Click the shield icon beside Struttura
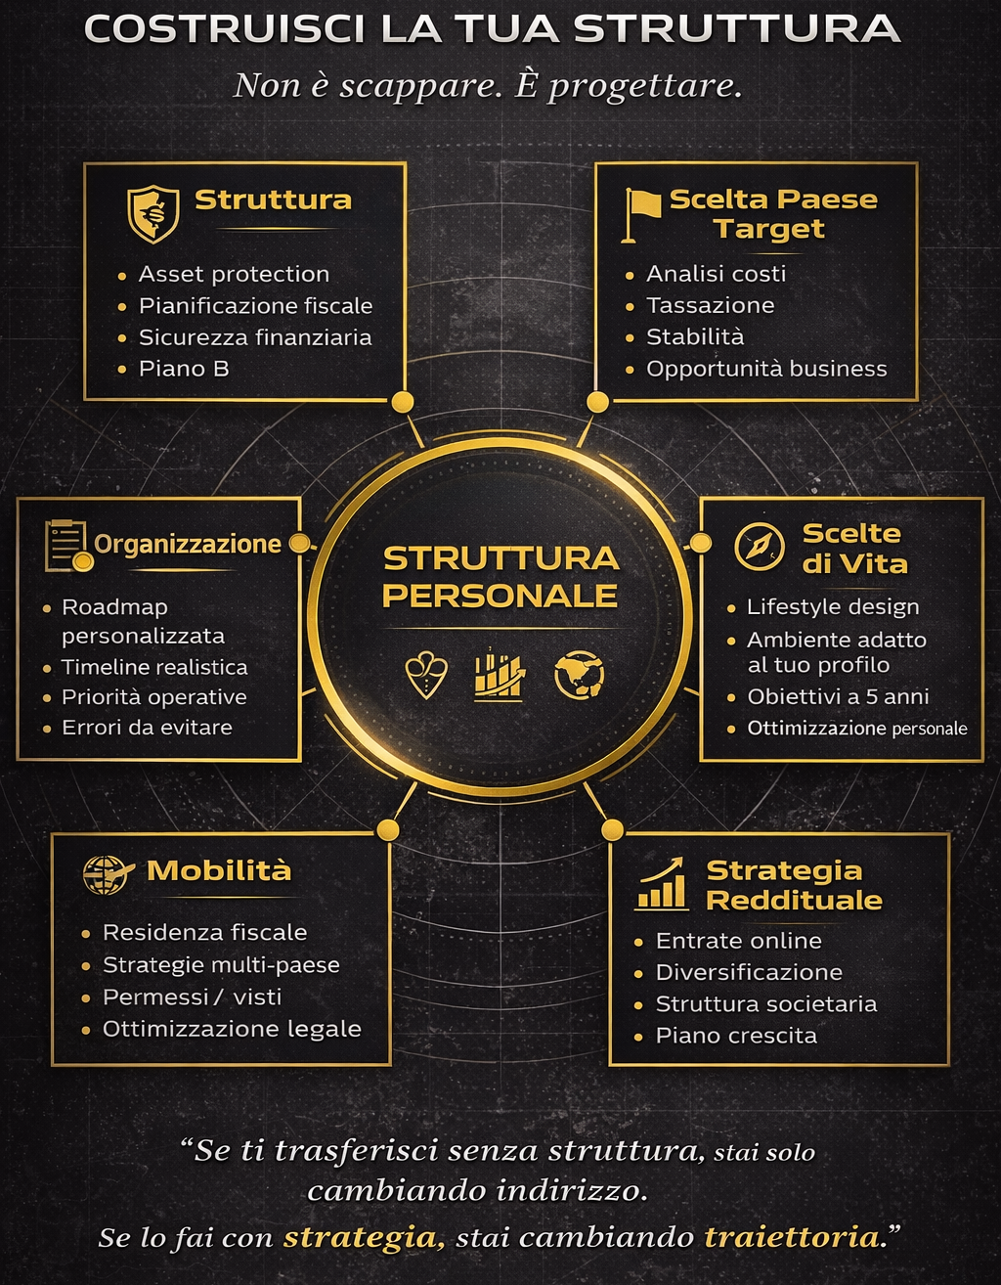152,213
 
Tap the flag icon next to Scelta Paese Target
642,213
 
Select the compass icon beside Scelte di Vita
760,547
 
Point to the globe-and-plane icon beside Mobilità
107,873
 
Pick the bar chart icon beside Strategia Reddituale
662,884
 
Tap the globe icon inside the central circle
579,676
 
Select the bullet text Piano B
184,369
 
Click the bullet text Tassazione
710,305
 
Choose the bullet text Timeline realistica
154,667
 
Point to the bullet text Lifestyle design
833,607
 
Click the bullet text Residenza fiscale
204,932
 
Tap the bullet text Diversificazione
749,972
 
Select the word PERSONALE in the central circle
500,596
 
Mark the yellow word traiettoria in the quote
792,1237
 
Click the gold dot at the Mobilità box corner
388,830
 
